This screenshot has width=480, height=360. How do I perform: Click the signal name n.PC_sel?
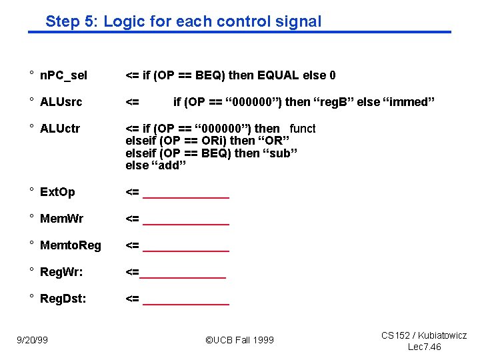[63, 75]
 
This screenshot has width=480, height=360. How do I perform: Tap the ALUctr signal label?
[60, 129]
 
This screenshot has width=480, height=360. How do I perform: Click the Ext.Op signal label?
[57, 193]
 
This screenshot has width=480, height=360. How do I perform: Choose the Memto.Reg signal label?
[71, 245]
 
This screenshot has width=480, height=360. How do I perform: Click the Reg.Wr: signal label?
[61, 272]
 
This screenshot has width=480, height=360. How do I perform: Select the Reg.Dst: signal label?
[63, 299]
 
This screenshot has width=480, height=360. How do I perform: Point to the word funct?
[303, 129]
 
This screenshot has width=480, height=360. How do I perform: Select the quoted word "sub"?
[279, 153]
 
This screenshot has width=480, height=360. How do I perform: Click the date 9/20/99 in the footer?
[33, 340]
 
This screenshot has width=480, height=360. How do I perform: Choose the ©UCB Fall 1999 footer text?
[239, 340]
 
